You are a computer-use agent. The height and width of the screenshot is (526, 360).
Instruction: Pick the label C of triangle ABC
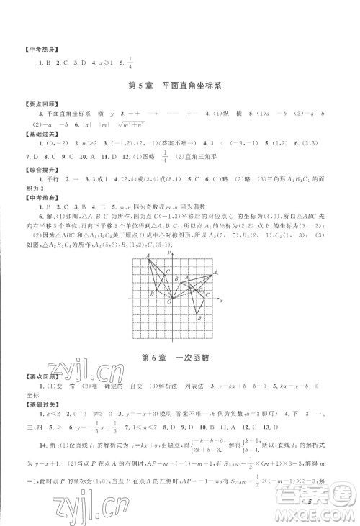[167, 271]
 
